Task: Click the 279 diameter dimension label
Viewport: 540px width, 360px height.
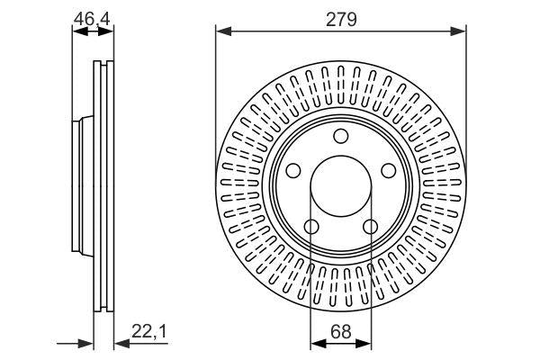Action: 341,17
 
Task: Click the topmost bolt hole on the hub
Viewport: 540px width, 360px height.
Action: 341,136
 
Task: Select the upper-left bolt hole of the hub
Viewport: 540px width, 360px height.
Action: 292,171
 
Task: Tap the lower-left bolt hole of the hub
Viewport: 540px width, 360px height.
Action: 310,228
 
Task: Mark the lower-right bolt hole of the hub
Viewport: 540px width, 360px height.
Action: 371,228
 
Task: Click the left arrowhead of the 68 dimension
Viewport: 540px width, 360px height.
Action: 316,343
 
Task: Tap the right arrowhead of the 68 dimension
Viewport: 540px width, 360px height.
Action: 366,343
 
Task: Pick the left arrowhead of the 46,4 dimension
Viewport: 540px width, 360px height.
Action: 78,31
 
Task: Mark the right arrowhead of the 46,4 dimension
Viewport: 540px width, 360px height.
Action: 108,31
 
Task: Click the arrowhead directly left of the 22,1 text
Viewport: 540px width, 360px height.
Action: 121,343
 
